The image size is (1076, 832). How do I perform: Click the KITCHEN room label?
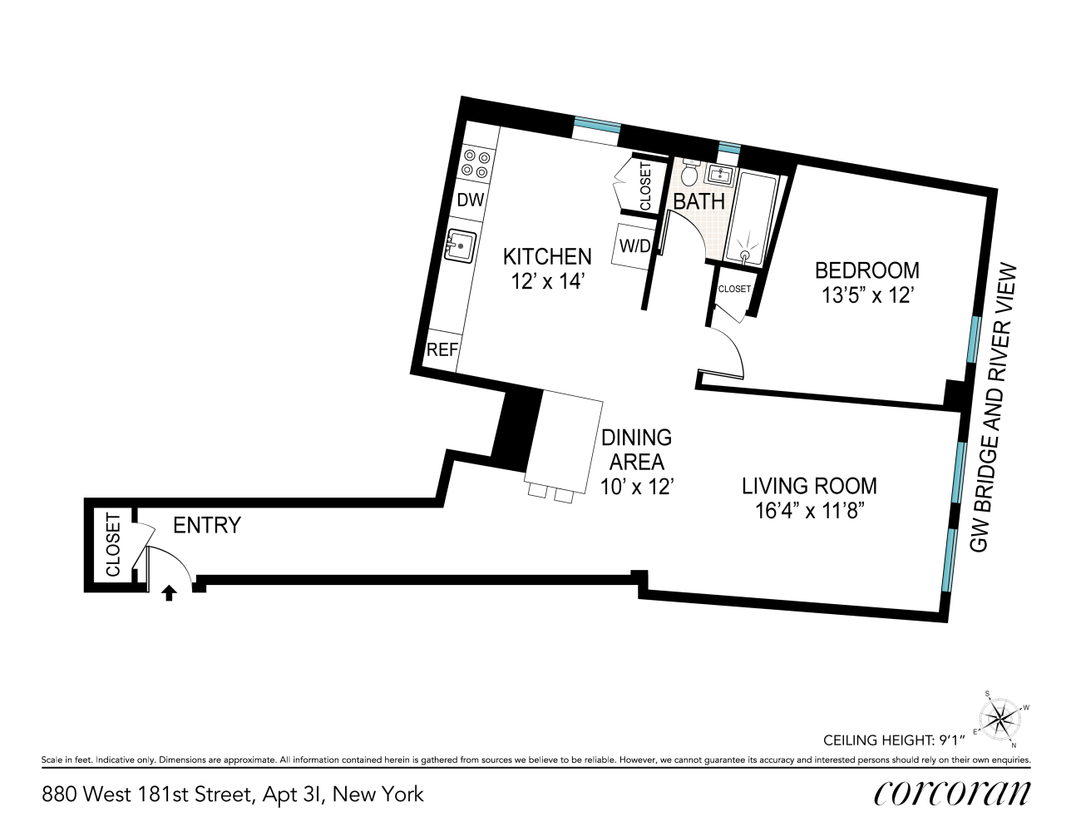547,256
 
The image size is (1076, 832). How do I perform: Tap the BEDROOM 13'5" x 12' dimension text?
867,295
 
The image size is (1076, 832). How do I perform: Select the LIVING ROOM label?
809,485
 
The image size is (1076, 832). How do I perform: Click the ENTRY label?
206,525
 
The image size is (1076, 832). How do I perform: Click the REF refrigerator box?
442,350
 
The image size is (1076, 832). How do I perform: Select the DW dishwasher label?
471,200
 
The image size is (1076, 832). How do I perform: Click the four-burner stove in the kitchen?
477,163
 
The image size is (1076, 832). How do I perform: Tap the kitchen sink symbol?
460,245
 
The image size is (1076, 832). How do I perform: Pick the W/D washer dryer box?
635,246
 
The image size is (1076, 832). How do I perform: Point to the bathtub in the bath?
752,218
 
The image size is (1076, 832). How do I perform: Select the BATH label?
698,201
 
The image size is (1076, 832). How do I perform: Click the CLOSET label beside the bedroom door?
734,289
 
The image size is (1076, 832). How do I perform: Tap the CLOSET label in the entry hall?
113,545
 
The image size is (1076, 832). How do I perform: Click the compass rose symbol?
1000,716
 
